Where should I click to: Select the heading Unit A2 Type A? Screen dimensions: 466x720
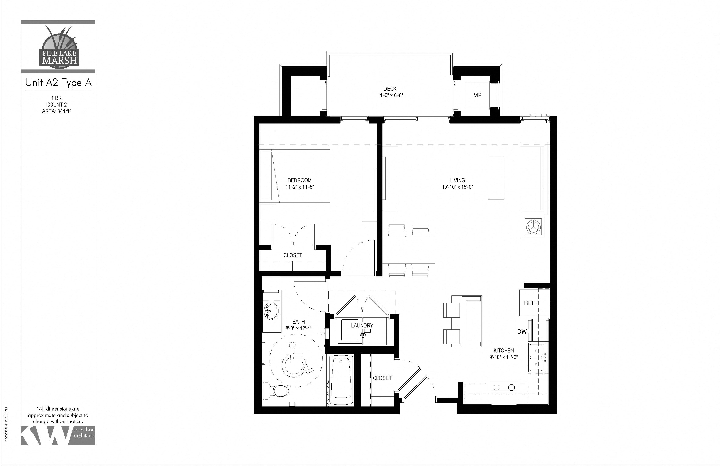point(58,83)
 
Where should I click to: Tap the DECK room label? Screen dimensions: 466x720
point(390,89)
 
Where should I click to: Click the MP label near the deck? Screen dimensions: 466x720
point(477,95)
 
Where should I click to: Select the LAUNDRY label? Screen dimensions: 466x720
point(362,326)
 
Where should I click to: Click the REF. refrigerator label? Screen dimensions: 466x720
point(530,303)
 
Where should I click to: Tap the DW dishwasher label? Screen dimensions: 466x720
point(522,332)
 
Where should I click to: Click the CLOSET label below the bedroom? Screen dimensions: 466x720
point(292,255)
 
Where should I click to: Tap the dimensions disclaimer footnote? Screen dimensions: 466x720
point(58,415)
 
